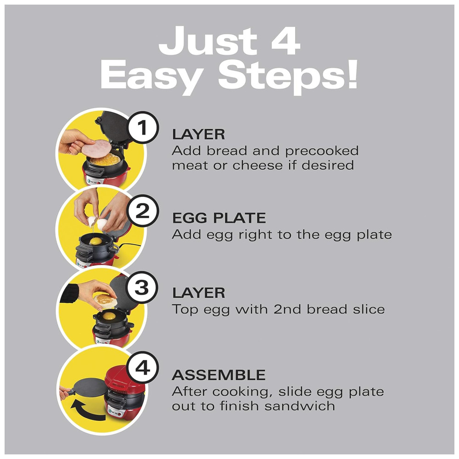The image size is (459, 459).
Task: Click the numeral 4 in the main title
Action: [285, 40]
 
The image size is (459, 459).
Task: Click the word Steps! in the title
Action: [288, 76]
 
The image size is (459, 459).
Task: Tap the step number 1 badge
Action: [143, 127]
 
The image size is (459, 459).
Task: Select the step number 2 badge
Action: [143, 210]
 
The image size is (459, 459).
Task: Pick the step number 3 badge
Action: [142, 287]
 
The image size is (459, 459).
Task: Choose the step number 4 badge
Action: [143, 367]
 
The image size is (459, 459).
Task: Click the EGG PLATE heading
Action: [219, 218]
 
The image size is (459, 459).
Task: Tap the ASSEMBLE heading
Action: [218, 375]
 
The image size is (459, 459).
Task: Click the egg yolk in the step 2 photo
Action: [96, 241]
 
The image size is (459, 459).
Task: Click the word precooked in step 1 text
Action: [322, 151]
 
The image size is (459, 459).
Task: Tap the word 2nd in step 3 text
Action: [287, 309]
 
